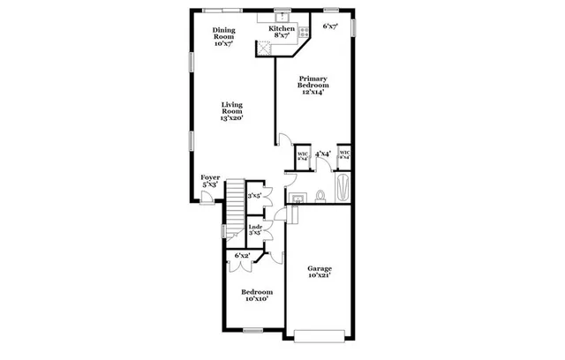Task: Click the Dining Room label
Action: tap(222, 36)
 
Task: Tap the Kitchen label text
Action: tap(282, 32)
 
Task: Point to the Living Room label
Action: tap(231, 109)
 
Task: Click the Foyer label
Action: tap(210, 181)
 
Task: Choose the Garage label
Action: tap(320, 272)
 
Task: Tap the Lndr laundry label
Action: tap(255, 230)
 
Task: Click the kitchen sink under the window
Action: tap(281, 19)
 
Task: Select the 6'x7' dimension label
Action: tap(330, 26)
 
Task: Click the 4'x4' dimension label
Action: tap(322, 154)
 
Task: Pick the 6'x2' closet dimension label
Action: tap(241, 255)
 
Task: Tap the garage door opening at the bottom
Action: tap(320, 334)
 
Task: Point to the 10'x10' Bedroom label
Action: tap(257, 296)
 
